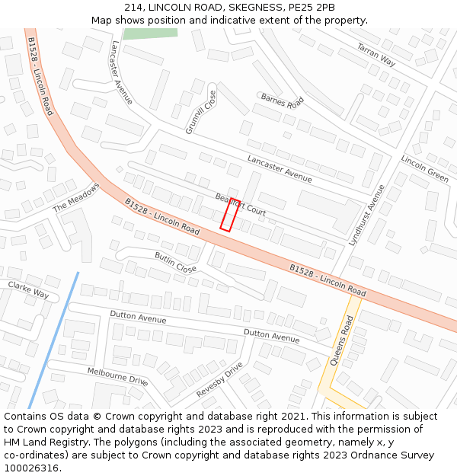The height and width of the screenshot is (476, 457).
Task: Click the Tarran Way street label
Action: coord(376,55)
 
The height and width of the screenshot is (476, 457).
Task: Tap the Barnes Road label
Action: coord(282,101)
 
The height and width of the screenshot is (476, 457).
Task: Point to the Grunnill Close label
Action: coord(201,112)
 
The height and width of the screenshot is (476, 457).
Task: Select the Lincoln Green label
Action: coord(425,170)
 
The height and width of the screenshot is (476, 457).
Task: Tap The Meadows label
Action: coord(76,197)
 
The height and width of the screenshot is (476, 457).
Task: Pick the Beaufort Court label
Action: coord(240,204)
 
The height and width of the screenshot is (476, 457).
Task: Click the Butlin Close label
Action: coord(175,263)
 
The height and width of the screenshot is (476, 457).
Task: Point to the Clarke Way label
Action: coord(28,289)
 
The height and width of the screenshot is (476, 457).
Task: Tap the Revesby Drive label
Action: coord(219,379)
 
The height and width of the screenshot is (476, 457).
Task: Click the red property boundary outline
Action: coord(230,215)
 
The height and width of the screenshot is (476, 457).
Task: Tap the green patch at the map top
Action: coord(150,34)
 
